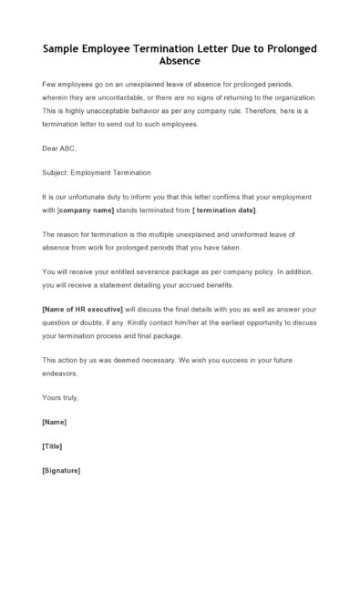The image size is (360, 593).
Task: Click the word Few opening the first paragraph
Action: [49, 84]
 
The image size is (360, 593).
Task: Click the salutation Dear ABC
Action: [60, 148]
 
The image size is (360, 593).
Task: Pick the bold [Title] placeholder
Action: [53, 446]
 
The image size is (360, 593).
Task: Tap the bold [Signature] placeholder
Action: [61, 471]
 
